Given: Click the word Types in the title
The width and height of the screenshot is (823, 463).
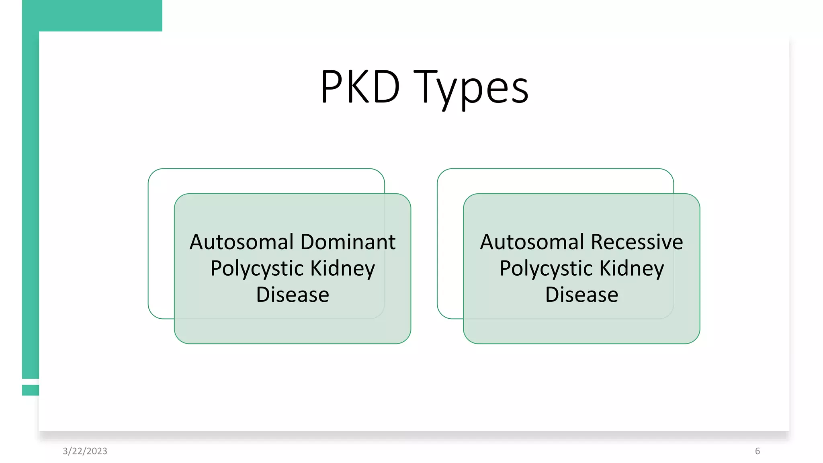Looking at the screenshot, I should (x=471, y=88).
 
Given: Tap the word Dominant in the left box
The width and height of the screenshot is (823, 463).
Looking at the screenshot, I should (x=348, y=242).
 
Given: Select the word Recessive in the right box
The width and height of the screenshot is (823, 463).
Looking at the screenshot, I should (x=637, y=242).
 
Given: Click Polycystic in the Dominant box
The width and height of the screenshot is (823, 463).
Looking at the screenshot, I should (x=257, y=268).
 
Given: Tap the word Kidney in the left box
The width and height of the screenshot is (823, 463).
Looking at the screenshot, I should (x=343, y=268).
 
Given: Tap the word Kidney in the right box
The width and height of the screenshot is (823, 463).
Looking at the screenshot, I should (x=632, y=268).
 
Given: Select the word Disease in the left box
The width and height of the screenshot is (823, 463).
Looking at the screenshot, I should (x=293, y=295).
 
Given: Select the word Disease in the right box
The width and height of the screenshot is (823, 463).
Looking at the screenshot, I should (x=581, y=295).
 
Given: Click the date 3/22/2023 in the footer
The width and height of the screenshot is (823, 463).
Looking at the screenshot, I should (x=85, y=451).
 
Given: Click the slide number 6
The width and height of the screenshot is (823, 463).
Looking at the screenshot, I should (x=757, y=451).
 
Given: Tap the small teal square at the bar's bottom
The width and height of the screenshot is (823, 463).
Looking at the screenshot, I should (x=31, y=390).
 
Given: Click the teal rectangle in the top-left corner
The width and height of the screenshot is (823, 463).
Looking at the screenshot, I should (x=92, y=15).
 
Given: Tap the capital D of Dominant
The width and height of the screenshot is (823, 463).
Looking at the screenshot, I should (x=308, y=242).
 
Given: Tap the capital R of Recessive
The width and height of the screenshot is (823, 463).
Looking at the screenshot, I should (x=598, y=242).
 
